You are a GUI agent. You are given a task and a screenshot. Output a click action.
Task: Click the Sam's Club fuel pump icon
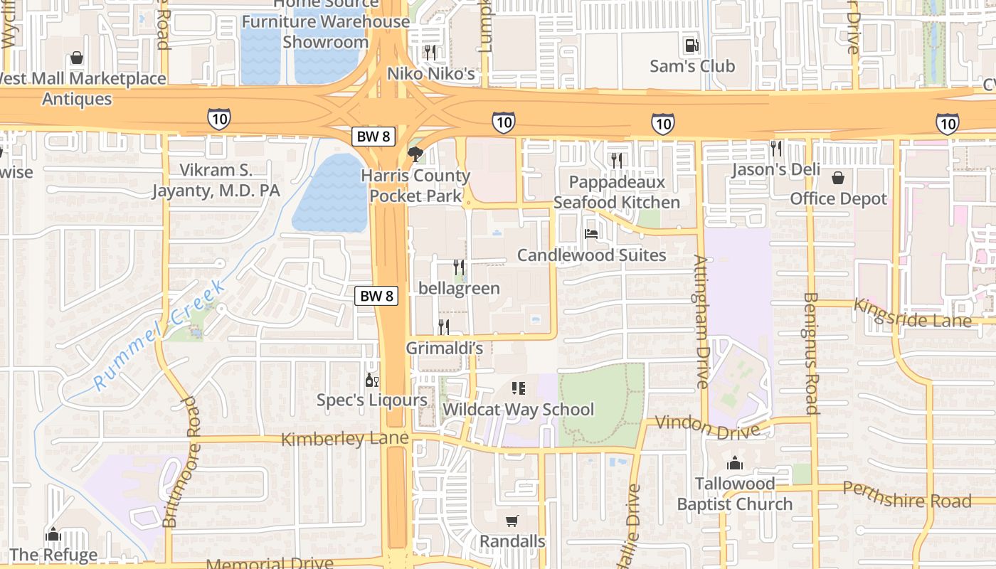pyautogui.click(x=691, y=46)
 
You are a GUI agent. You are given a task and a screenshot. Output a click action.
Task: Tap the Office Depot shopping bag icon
pyautogui.click(x=838, y=177)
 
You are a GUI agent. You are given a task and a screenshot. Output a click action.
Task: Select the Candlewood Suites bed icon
pyautogui.click(x=590, y=233)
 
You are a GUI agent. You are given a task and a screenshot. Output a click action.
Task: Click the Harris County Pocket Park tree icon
pyautogui.click(x=415, y=154)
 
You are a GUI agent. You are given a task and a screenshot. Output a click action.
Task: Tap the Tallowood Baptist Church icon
pyautogui.click(x=735, y=464)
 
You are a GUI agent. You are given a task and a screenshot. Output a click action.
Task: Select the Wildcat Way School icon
pyautogui.click(x=518, y=388)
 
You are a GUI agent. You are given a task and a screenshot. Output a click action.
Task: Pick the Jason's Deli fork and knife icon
pyautogui.click(x=775, y=148)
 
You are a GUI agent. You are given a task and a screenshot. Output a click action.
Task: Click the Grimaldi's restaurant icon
pyautogui.click(x=444, y=327)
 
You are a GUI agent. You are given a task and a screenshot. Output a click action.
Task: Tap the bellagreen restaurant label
pyautogui.click(x=459, y=289)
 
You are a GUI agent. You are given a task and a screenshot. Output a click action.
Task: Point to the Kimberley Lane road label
pyautogui.click(x=345, y=438)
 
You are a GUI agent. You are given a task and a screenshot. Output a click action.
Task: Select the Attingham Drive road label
pyautogui.click(x=702, y=321)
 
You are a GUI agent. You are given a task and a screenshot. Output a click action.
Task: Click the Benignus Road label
pyautogui.click(x=810, y=353)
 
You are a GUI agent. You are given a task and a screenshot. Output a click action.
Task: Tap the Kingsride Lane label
pyautogui.click(x=912, y=313)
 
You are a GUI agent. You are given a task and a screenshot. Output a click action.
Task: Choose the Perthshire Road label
pyautogui.click(x=906, y=495)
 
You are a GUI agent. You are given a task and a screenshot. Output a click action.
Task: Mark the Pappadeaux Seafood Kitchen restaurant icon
pyautogui.click(x=616, y=161)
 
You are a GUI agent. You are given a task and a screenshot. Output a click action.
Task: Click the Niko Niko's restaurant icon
pyautogui.click(x=430, y=52)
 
